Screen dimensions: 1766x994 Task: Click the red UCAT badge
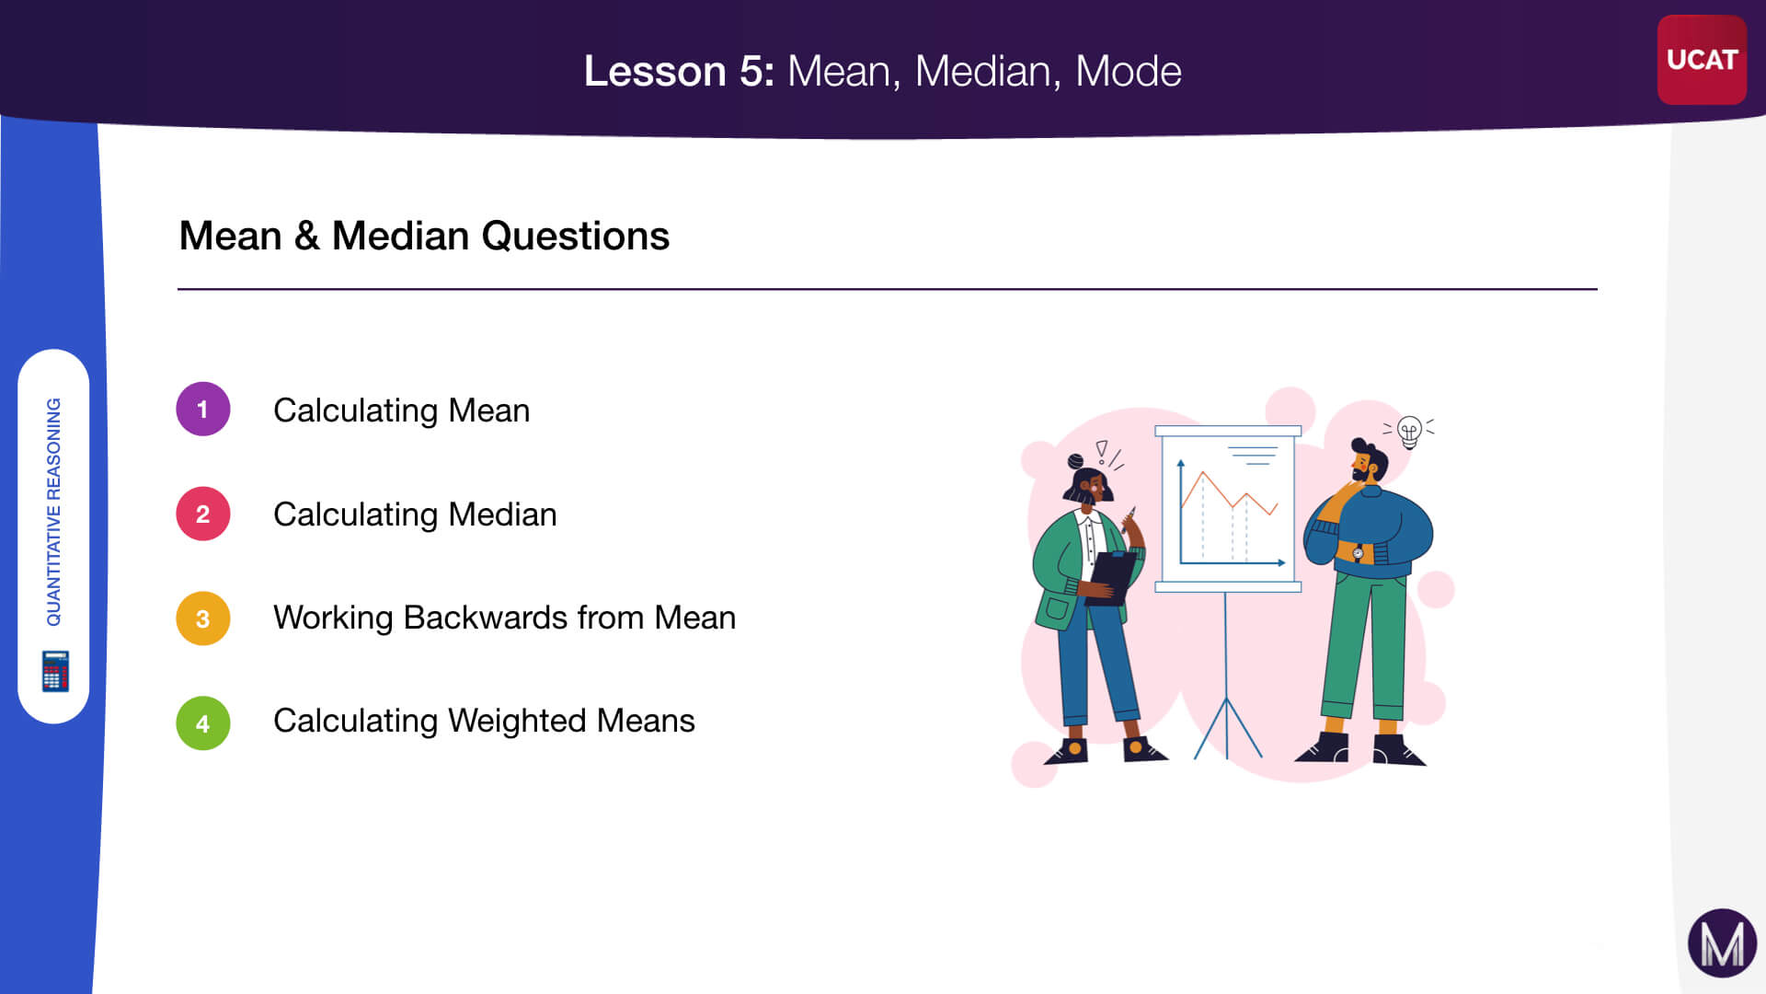tap(1701, 60)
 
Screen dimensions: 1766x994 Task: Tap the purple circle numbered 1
tap(203, 409)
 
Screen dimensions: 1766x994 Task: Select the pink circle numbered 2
tap(203, 514)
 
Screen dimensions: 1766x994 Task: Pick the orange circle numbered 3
tap(203, 618)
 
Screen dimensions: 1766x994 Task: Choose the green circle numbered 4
tap(203, 723)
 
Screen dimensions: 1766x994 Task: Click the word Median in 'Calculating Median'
tap(502, 514)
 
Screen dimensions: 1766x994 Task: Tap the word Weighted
tap(517, 721)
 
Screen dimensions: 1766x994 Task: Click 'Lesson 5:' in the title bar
tap(679, 71)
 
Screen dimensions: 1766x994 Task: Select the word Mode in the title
tap(1129, 71)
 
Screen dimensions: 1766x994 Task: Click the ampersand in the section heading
tap(307, 237)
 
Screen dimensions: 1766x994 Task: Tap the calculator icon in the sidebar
tap(55, 671)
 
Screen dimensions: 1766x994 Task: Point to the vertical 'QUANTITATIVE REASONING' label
tap(54, 512)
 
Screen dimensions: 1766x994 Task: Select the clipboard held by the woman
tap(1112, 578)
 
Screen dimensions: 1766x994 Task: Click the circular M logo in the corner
tap(1722, 943)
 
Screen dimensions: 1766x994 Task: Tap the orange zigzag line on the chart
tap(1230, 494)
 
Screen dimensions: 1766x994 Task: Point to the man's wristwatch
tap(1358, 553)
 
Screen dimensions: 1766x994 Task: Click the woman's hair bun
tap(1075, 460)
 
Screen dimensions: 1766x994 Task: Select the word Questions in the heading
tap(576, 237)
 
